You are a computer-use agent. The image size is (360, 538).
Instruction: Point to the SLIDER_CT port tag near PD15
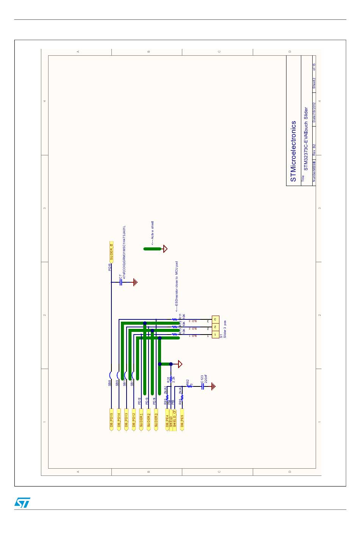[x=111, y=252]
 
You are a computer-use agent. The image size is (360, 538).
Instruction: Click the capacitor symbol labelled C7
[x=121, y=282]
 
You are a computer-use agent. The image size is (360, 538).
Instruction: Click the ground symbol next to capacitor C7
[x=135, y=282]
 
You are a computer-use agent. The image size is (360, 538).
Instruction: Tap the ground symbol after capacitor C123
[x=214, y=386]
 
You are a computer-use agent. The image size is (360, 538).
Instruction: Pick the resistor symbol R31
[x=171, y=378]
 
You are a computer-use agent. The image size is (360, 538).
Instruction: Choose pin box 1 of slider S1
[x=215, y=335]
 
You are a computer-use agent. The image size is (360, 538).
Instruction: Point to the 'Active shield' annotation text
[x=152, y=233]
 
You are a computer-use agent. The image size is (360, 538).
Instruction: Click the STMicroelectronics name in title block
[x=293, y=151]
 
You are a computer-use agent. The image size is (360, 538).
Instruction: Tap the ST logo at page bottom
[x=22, y=502]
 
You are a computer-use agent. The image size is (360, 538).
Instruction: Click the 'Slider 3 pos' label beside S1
[x=225, y=329]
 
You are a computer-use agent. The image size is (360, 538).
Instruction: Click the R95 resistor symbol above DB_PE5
[x=182, y=397]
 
